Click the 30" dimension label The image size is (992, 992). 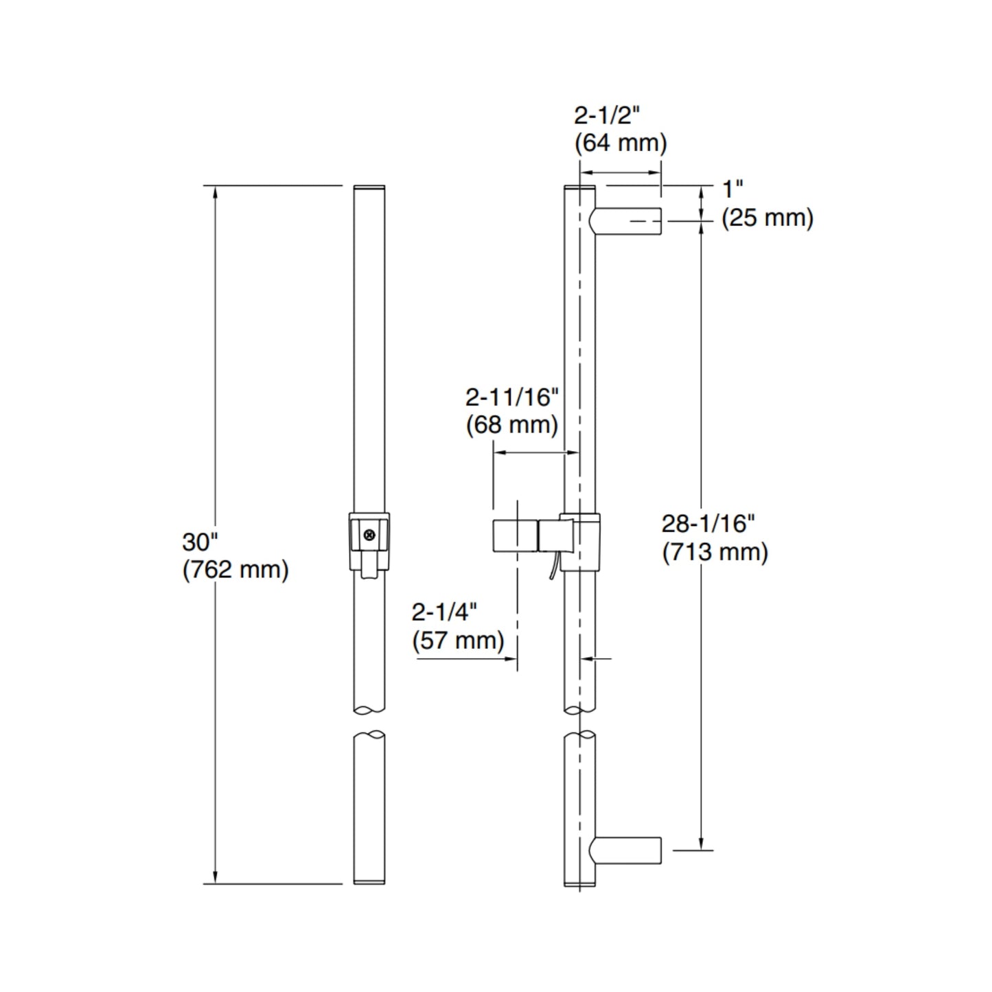200,542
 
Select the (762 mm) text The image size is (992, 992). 235,570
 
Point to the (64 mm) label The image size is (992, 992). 621,143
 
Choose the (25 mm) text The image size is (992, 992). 768,218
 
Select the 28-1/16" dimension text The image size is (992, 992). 708,523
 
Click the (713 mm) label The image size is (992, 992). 715,552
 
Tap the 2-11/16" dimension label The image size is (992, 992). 512,396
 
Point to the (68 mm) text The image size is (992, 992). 512,425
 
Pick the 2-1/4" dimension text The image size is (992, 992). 444,612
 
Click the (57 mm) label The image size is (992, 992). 458,641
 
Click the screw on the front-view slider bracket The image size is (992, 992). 371,535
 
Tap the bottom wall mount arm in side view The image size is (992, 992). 626,850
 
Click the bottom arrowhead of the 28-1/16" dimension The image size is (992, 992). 701,844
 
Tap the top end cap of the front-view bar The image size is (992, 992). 369,187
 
